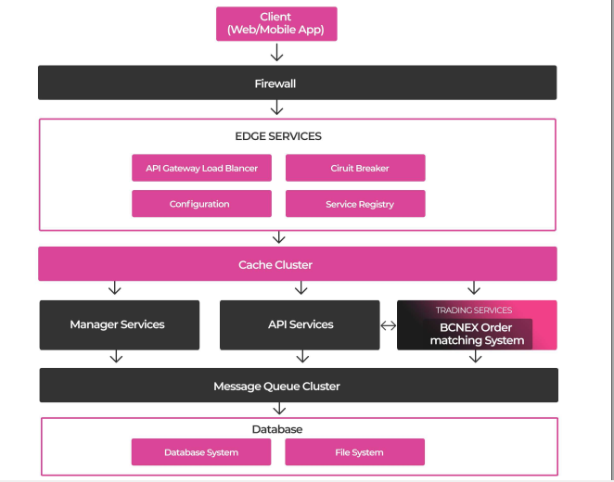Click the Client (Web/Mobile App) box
click(x=276, y=23)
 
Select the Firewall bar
click(x=297, y=82)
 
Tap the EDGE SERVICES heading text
click(x=278, y=136)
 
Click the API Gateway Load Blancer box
click(x=201, y=168)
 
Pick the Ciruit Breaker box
click(x=355, y=168)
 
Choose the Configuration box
click(x=201, y=203)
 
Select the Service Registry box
click(x=355, y=203)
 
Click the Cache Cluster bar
click(x=298, y=263)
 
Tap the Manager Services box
click(x=120, y=325)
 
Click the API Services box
click(x=300, y=325)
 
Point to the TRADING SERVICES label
click(x=474, y=311)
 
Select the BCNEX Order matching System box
click(x=478, y=334)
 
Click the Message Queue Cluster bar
click(x=299, y=385)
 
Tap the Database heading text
click(x=277, y=429)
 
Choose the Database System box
click(x=201, y=452)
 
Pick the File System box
click(x=355, y=452)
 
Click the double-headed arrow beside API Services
click(x=389, y=325)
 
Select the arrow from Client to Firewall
click(x=276, y=53)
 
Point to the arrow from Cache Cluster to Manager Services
click(x=115, y=287)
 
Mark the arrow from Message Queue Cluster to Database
click(x=279, y=409)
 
